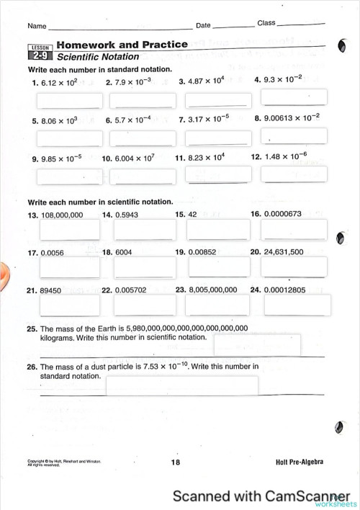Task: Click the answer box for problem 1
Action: tap(65, 100)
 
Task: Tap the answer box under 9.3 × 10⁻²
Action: tap(293, 97)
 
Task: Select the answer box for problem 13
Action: tap(65, 230)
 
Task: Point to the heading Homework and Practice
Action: tap(122, 45)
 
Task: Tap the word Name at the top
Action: tap(37, 26)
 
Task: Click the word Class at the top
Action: tap(266, 24)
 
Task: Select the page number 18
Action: tap(176, 462)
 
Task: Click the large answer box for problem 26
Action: tap(181, 385)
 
